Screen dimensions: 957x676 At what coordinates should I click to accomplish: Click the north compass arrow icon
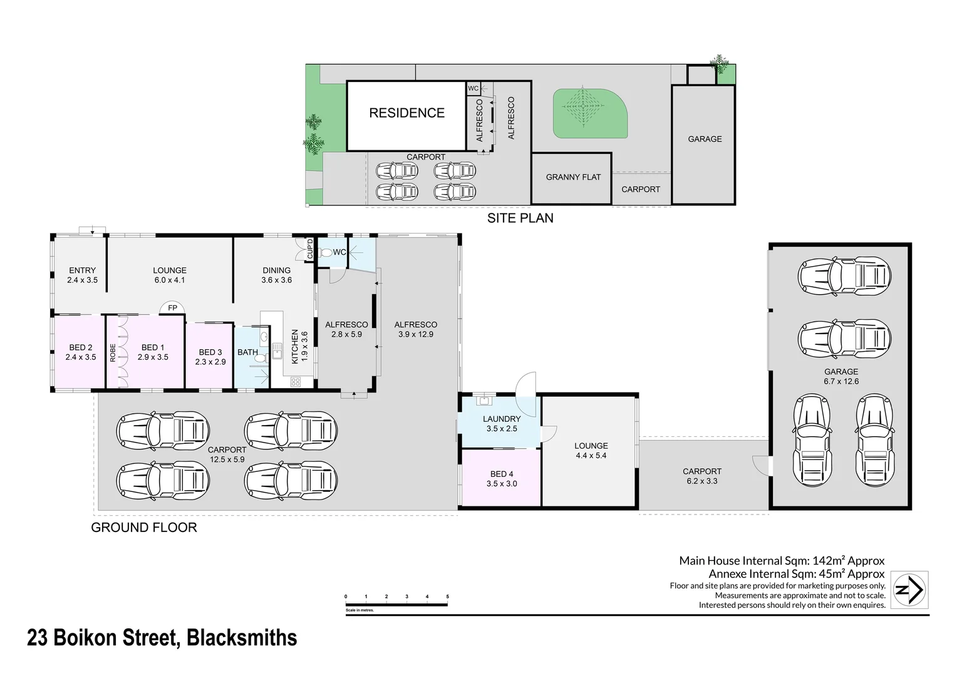(909, 590)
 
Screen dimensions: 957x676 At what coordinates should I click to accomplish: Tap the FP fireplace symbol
(172, 307)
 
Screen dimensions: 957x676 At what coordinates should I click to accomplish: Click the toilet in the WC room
(326, 252)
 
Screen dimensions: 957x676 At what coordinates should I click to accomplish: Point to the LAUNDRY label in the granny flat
(502, 419)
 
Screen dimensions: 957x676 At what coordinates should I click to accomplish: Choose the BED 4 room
(502, 478)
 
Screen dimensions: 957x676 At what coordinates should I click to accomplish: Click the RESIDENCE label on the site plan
(406, 113)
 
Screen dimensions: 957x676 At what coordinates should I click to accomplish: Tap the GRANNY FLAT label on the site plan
(573, 177)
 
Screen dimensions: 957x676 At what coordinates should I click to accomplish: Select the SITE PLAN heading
(520, 218)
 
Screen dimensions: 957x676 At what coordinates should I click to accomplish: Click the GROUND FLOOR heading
(144, 528)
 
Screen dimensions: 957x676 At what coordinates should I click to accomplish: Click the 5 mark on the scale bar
(447, 597)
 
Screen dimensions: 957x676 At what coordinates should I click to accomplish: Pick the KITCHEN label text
(295, 346)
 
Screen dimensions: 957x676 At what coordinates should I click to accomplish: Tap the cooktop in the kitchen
(296, 382)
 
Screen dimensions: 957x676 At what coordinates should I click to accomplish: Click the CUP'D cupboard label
(310, 249)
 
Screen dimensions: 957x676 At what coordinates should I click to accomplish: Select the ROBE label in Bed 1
(113, 353)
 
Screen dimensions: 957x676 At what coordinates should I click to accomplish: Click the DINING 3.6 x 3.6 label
(276, 275)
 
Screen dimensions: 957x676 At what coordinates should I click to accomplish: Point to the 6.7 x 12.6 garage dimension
(841, 381)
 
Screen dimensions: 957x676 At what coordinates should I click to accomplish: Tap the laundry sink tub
(484, 401)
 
